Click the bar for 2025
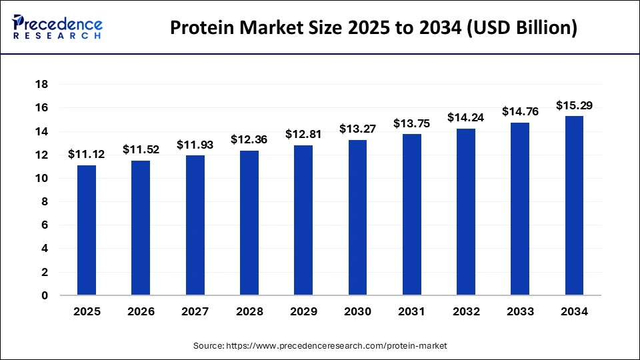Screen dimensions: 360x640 tap(87, 230)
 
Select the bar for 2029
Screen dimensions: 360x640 tap(303, 220)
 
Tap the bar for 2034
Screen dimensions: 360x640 tap(574, 205)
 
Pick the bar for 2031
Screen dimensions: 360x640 tap(411, 214)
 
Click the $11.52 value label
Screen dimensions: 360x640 tap(141, 150)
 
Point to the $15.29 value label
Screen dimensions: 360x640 tap(574, 105)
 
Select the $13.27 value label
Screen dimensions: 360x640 tap(357, 129)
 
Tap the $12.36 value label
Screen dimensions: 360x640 tap(249, 139)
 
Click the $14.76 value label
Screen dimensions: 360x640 tap(520, 111)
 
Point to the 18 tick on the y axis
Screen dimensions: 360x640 tap(42, 85)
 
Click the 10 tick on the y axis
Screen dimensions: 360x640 tap(42, 178)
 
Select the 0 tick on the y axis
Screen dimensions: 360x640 tap(45, 295)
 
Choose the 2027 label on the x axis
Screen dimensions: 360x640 tap(195, 311)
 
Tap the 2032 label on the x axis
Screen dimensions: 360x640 tap(465, 311)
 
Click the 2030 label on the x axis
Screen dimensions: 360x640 tap(357, 311)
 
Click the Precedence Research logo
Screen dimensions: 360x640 tap(57, 27)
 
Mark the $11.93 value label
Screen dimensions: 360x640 tap(195, 144)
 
